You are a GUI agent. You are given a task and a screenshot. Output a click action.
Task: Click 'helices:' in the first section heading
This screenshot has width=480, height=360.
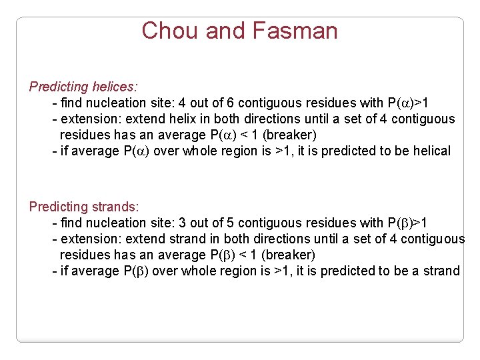tap(115, 87)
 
